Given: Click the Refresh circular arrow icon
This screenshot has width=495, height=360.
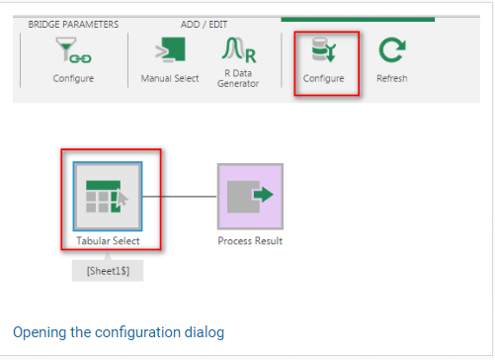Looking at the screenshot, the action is pos(392,50).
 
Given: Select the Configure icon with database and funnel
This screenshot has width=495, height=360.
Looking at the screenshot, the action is pos(324,49).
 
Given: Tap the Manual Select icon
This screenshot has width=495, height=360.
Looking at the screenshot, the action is pos(170,49).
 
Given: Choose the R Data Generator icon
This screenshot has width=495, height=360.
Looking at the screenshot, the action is pos(239,49).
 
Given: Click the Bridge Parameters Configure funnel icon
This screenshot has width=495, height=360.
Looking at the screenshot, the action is pos(73,50).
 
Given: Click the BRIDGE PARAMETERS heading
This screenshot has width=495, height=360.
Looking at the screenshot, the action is pos(73,25).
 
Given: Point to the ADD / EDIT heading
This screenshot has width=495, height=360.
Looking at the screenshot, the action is pos(204,25).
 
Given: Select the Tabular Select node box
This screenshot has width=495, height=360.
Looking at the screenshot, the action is pos(108,197).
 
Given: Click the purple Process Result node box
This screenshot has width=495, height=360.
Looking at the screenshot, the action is pos(250,197).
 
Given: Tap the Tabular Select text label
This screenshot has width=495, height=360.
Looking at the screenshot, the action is pos(108,240).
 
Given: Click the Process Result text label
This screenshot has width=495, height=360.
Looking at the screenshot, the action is pos(250,240).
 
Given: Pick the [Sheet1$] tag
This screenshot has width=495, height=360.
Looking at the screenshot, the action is pos(108,271).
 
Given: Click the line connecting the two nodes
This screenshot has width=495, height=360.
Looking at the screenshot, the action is pos(180,197).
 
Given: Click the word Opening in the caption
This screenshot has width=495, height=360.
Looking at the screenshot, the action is pos(40,332).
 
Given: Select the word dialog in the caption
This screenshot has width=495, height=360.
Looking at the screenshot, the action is pos(205,332).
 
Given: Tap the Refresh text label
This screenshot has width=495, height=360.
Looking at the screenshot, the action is pos(392,78).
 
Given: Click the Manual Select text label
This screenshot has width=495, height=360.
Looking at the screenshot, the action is pos(170,78).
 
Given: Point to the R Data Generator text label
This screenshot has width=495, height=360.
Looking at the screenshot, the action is pos(238,78).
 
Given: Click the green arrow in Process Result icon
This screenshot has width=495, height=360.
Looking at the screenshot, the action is pos(264,195).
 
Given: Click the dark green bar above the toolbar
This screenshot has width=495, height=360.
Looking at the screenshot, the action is pos(358,20).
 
